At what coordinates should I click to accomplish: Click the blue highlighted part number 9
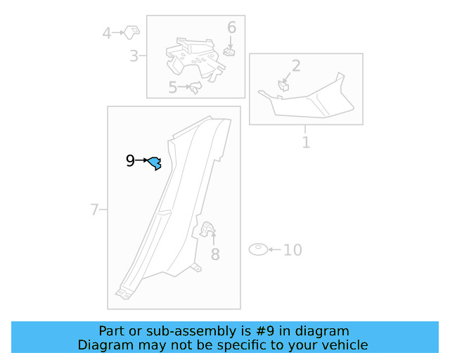[155, 163]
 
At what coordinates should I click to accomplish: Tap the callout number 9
[130, 161]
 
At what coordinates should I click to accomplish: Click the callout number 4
[107, 33]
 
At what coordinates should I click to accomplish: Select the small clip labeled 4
[131, 32]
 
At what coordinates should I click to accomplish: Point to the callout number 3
[134, 56]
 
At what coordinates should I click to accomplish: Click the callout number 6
[231, 27]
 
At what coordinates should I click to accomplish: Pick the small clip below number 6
[229, 51]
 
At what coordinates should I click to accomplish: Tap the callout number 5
[173, 87]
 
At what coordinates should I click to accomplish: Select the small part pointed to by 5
[196, 87]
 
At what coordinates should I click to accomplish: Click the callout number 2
[296, 65]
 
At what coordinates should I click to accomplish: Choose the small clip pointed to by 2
[283, 86]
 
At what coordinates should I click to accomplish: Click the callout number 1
[307, 143]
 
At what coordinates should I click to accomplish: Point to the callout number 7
[94, 210]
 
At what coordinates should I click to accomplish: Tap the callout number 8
[215, 254]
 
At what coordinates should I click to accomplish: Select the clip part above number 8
[207, 229]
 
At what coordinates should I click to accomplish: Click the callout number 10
[292, 250]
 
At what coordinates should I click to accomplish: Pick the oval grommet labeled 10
[258, 249]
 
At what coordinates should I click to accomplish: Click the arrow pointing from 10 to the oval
[275, 250]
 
